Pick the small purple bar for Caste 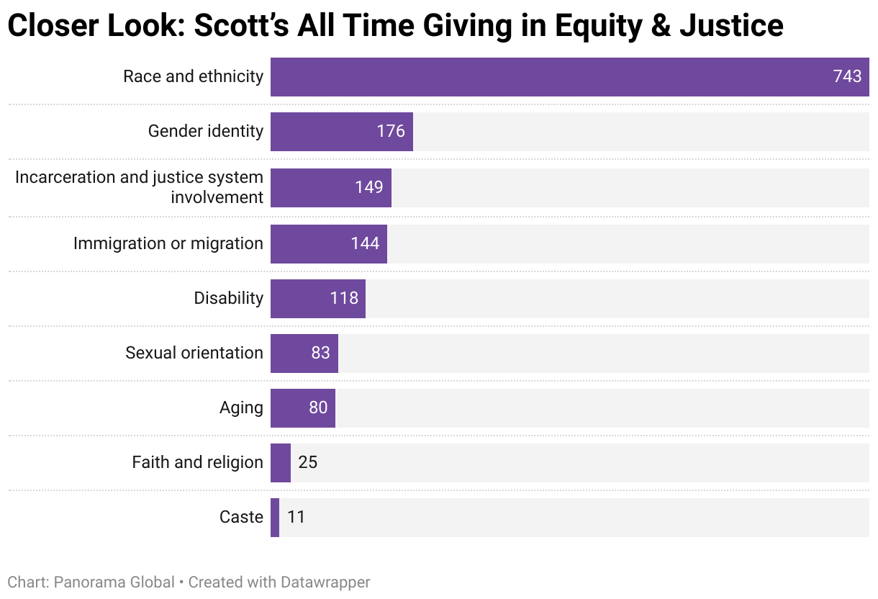point(275,518)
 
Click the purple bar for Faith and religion point(281,463)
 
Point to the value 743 point(847,77)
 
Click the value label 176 point(391,132)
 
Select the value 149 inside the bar point(369,187)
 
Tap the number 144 point(365,243)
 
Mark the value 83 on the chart point(320,353)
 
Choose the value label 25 point(307,463)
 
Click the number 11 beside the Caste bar point(296,518)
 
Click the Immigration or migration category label point(168,243)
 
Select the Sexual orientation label point(194,353)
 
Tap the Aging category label point(241,407)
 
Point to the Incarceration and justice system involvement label point(140,187)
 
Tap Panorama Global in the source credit point(114,582)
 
